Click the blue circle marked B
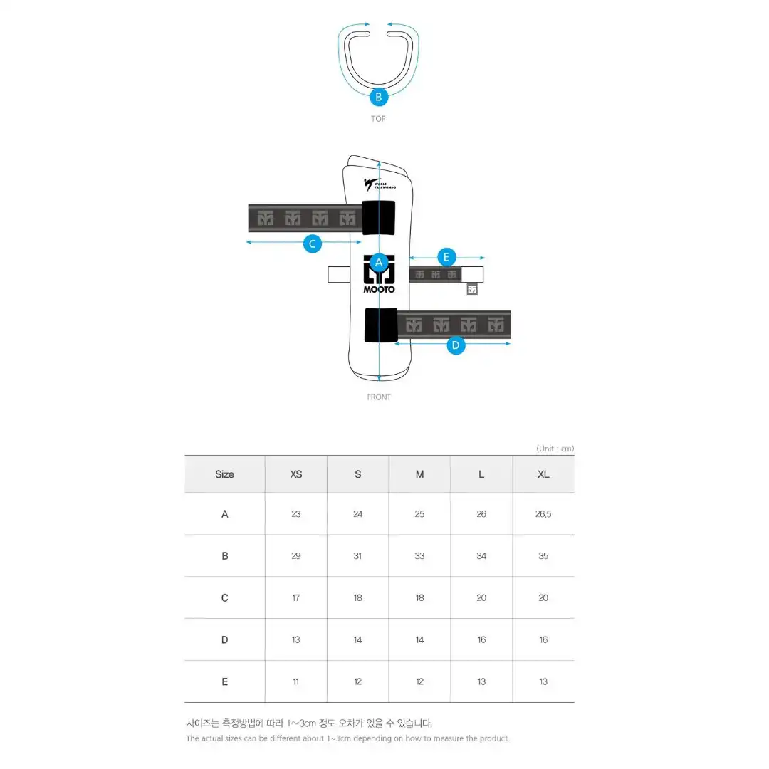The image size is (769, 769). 379,97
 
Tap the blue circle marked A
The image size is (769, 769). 379,263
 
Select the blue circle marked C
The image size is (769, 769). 313,244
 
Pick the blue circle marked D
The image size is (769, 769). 456,345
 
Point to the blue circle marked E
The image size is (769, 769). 446,257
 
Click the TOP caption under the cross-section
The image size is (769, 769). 378,119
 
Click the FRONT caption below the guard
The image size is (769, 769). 379,397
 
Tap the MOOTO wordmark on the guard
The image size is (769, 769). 379,289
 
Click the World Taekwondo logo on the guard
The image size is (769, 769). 380,184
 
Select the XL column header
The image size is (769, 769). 543,474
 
